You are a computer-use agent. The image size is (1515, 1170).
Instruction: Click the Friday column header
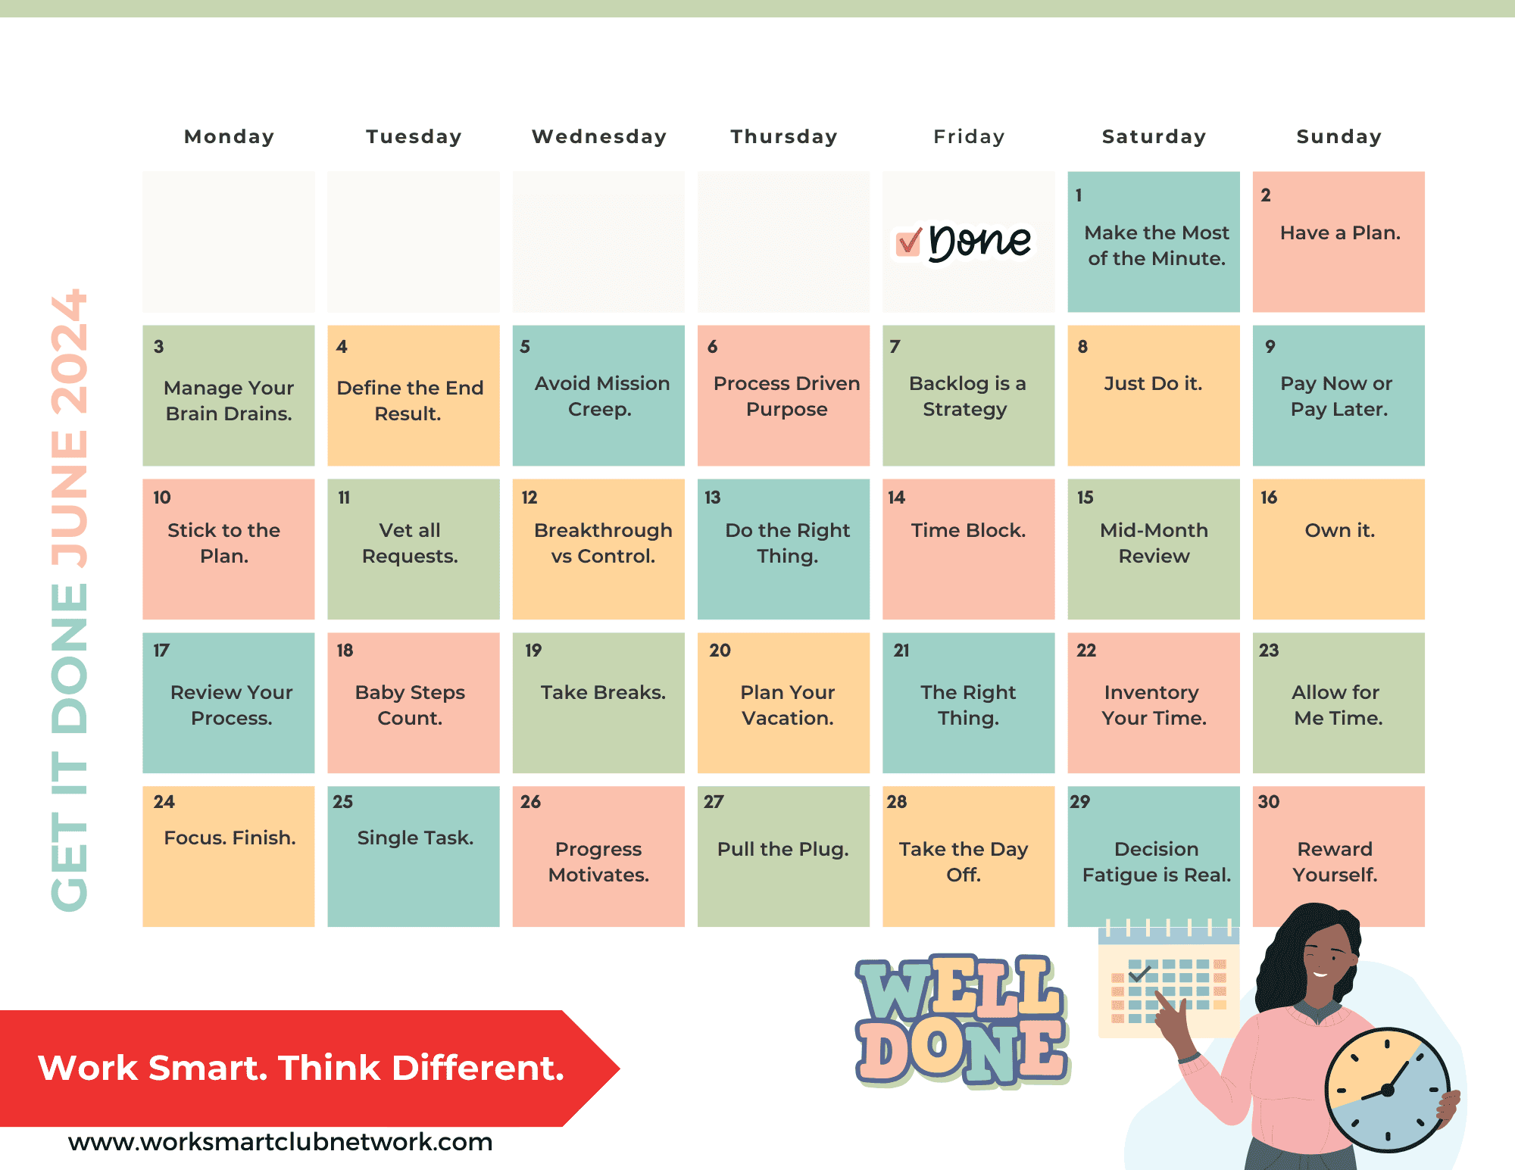point(969,136)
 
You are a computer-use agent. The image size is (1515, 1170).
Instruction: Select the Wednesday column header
point(599,136)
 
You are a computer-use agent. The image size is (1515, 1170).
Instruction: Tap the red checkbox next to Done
point(908,242)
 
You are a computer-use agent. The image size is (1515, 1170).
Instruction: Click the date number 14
point(897,498)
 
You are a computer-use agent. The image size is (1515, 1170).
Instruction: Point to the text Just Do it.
point(1153,383)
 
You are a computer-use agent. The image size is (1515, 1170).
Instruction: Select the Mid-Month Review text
point(1154,543)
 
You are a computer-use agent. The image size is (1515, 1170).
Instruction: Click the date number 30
point(1269,802)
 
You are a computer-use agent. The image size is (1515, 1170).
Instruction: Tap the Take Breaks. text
point(603,692)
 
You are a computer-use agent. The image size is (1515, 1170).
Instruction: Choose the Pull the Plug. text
point(783,849)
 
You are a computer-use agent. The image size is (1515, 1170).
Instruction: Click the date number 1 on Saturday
point(1079,195)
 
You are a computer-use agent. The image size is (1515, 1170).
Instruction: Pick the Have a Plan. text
point(1340,232)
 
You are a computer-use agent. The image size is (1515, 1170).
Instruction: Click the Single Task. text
point(415,838)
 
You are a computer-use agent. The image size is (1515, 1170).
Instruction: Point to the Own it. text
point(1339,530)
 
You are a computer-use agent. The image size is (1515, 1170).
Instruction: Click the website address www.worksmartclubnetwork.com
point(280,1141)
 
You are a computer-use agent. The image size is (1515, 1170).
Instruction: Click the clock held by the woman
point(1387,1090)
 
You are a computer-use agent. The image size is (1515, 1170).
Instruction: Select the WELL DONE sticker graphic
point(962,1021)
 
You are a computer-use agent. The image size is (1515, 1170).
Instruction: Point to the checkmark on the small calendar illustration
point(1139,972)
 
